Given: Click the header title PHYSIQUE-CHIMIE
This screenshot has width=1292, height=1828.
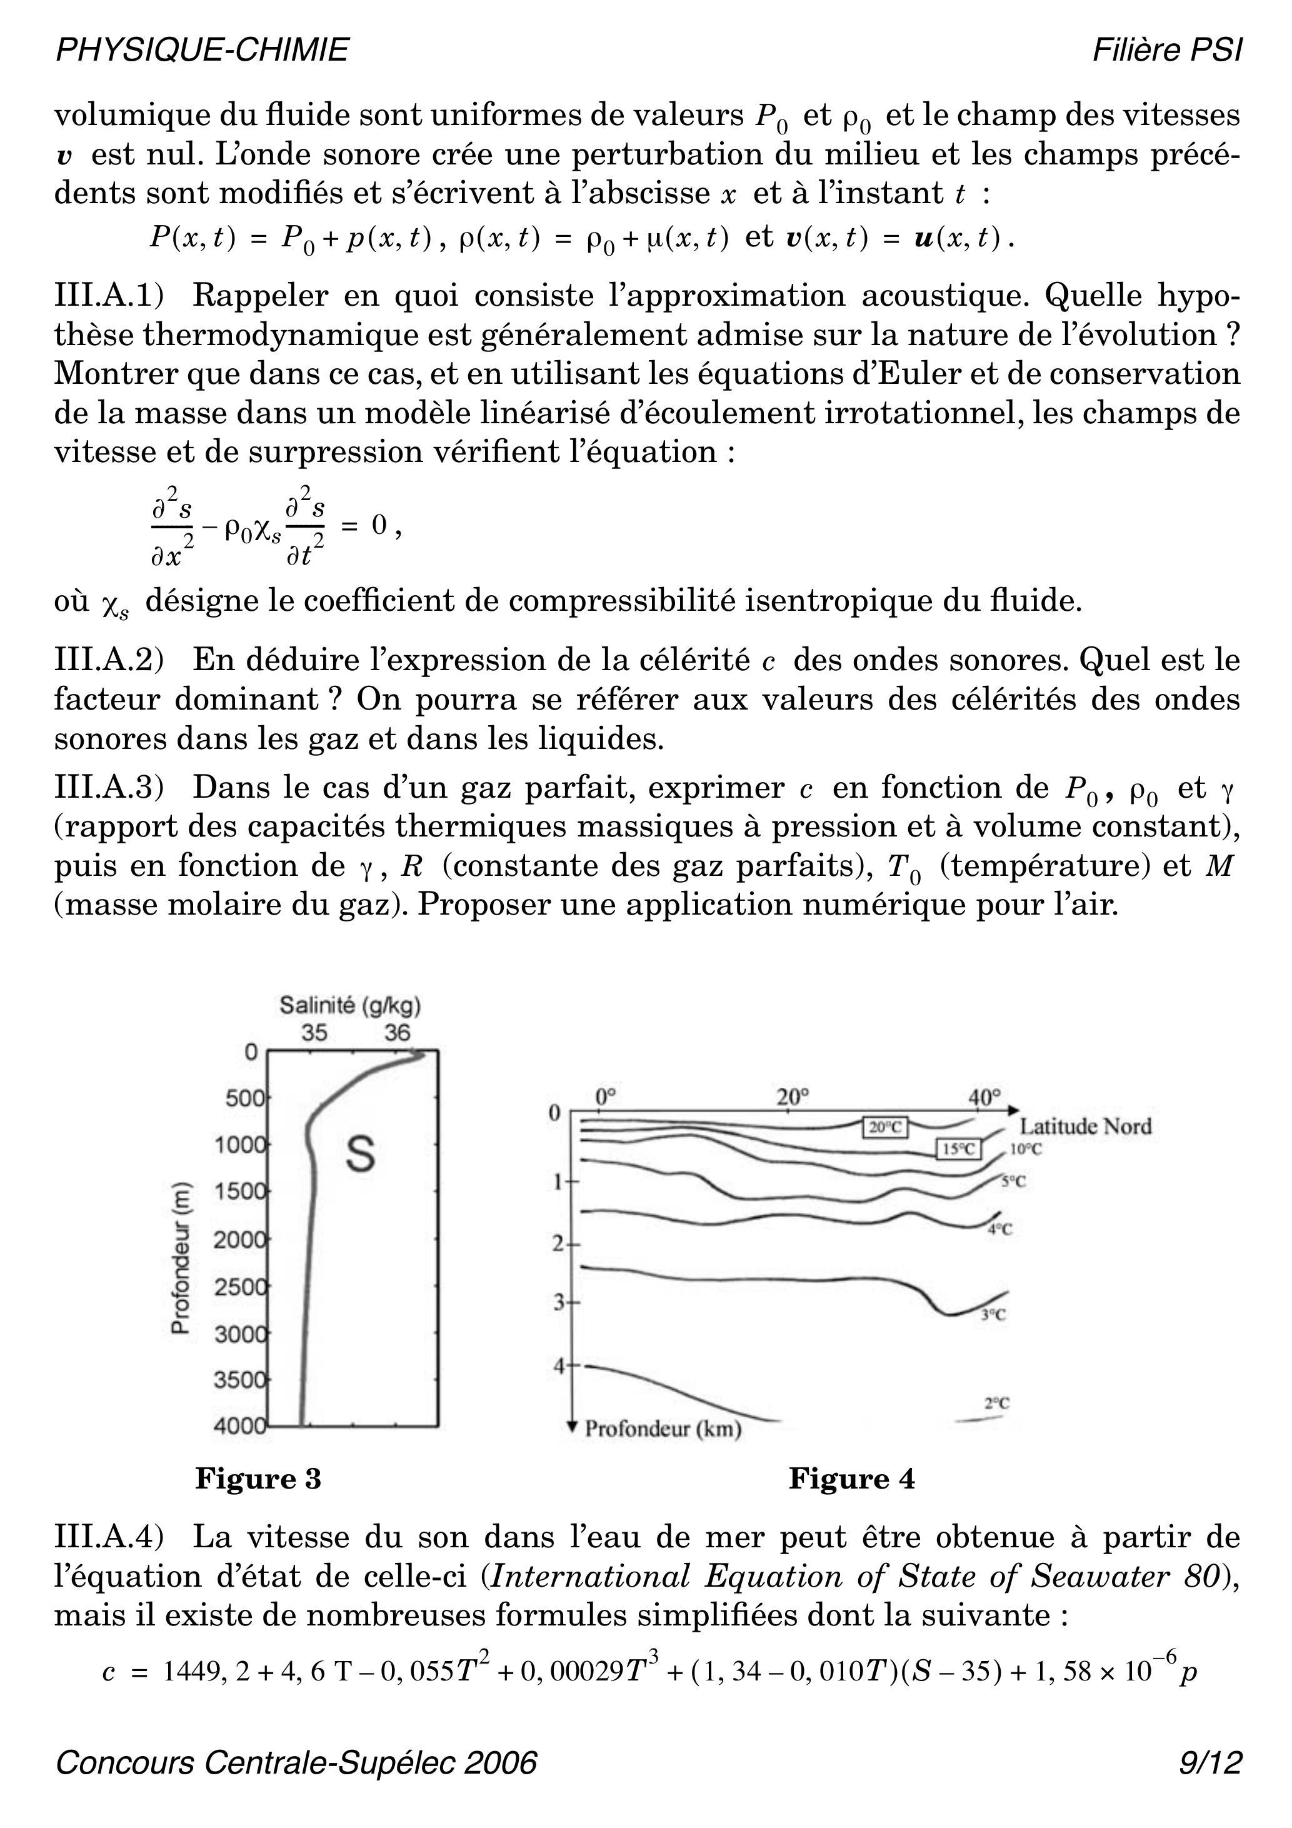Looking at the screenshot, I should click(x=201, y=50).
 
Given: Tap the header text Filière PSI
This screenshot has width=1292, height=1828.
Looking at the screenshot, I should click(x=1166, y=50).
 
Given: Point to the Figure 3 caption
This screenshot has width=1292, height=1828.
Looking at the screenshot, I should click(x=258, y=1479).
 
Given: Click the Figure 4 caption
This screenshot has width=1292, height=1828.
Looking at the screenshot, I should click(x=852, y=1479).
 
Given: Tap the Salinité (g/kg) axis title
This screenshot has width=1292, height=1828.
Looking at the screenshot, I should click(x=349, y=1005).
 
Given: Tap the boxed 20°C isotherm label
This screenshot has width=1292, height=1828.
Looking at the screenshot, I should click(x=885, y=1127).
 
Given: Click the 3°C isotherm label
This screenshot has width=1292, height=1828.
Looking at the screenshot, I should click(x=993, y=1316).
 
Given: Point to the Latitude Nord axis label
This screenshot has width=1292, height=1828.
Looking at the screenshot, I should click(x=1086, y=1126).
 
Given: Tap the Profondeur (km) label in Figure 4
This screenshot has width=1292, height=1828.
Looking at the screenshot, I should click(x=663, y=1429).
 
